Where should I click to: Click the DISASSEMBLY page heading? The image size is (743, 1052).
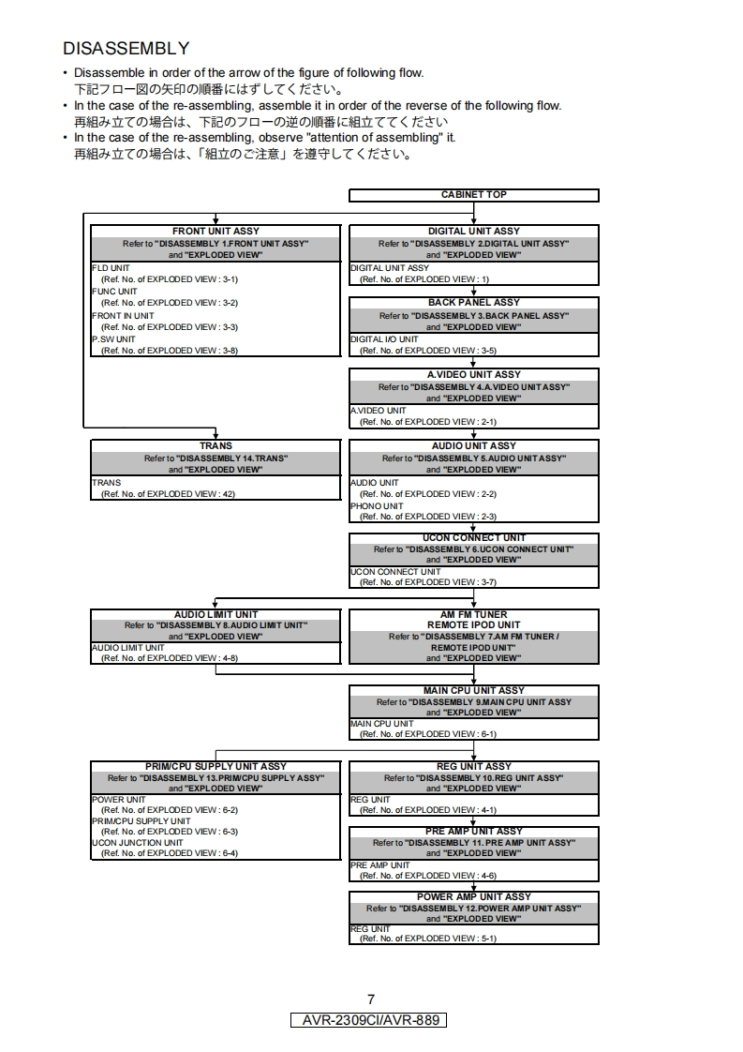126,48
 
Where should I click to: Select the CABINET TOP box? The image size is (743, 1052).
473,195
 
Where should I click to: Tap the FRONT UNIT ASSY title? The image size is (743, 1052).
215,231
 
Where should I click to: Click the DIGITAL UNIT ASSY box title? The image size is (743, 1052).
473,231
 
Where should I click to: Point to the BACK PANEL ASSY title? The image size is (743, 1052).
473,303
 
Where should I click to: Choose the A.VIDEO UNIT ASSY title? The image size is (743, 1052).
473,375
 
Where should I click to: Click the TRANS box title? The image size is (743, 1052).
215,446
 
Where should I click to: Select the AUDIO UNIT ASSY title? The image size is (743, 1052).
473,446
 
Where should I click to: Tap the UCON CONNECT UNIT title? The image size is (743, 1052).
473,538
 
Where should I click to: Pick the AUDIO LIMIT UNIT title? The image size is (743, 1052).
215,615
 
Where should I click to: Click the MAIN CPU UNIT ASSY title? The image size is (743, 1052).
473,691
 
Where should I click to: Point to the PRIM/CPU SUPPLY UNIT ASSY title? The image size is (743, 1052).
215,767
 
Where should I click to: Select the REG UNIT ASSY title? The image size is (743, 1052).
473,767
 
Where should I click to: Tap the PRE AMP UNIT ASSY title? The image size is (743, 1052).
473,832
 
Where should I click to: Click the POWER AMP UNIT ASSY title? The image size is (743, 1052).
473,897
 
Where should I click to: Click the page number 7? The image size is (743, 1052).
371,999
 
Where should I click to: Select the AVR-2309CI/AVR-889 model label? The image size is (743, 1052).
371,1020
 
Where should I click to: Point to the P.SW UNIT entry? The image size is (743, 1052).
113,339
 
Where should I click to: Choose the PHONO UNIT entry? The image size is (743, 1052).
377,506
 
